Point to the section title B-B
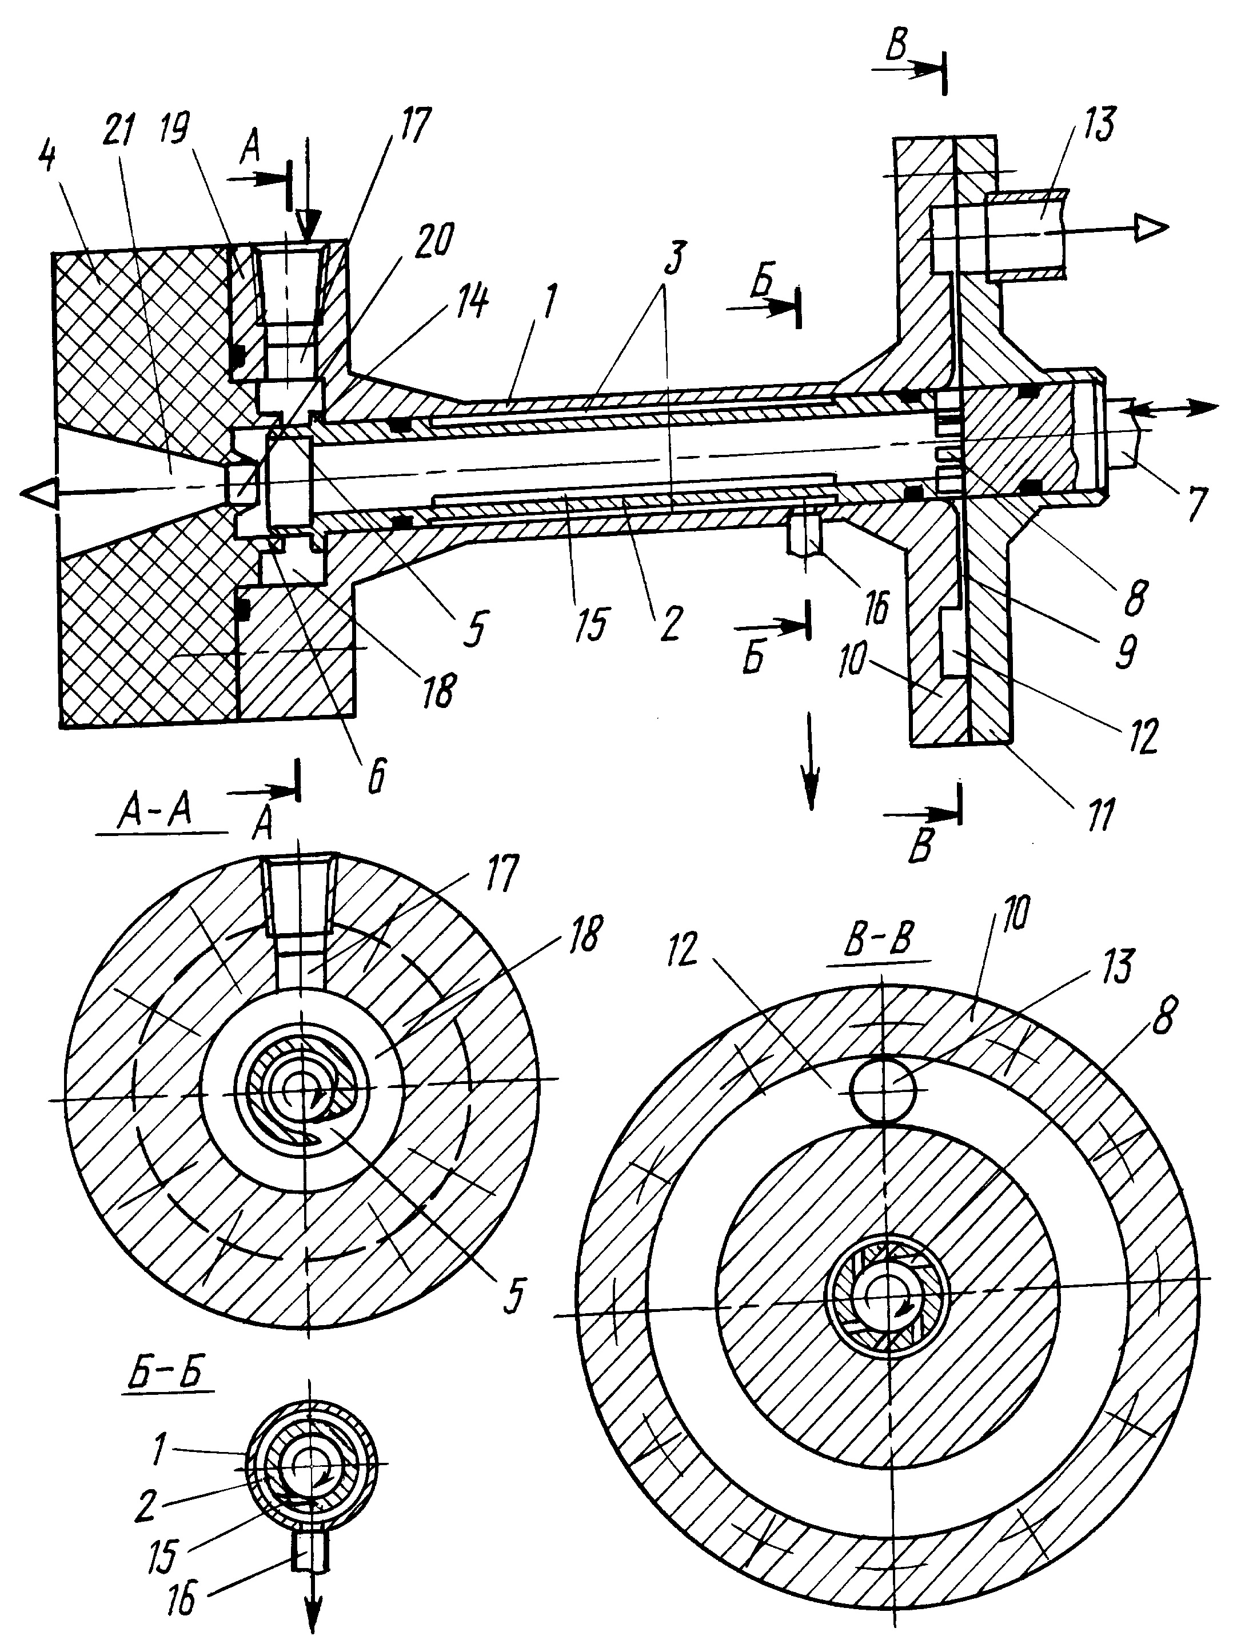click(879, 939)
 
